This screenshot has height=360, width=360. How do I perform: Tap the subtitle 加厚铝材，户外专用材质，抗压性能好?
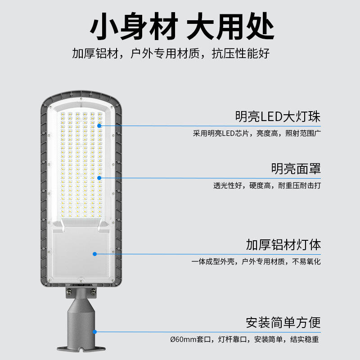[171, 54]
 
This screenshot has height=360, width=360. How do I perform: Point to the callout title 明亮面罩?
[296, 169]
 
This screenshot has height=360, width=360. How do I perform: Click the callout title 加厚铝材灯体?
[283, 245]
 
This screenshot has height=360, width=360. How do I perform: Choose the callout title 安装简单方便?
[283, 323]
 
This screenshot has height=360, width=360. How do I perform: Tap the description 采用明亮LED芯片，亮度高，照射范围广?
[256, 134]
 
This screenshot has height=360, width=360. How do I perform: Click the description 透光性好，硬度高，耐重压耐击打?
[267, 185]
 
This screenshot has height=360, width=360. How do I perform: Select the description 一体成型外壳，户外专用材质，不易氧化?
[256, 261]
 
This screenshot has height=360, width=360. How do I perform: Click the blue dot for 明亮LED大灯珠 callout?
[99, 125]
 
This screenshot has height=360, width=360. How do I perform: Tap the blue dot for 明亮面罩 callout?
[99, 177]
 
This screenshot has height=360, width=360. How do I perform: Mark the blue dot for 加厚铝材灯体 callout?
[95, 254]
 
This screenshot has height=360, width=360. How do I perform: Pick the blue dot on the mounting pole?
[95, 332]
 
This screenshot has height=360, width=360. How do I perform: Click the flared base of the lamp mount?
[81, 347]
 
